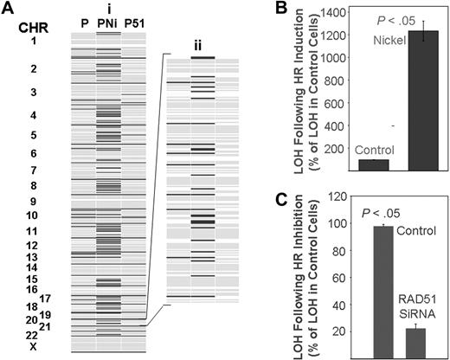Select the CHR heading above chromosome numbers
pos(32,25)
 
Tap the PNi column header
pos(108,23)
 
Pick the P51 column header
pos(133,23)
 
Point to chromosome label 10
pos(32,215)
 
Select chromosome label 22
pos(32,335)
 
